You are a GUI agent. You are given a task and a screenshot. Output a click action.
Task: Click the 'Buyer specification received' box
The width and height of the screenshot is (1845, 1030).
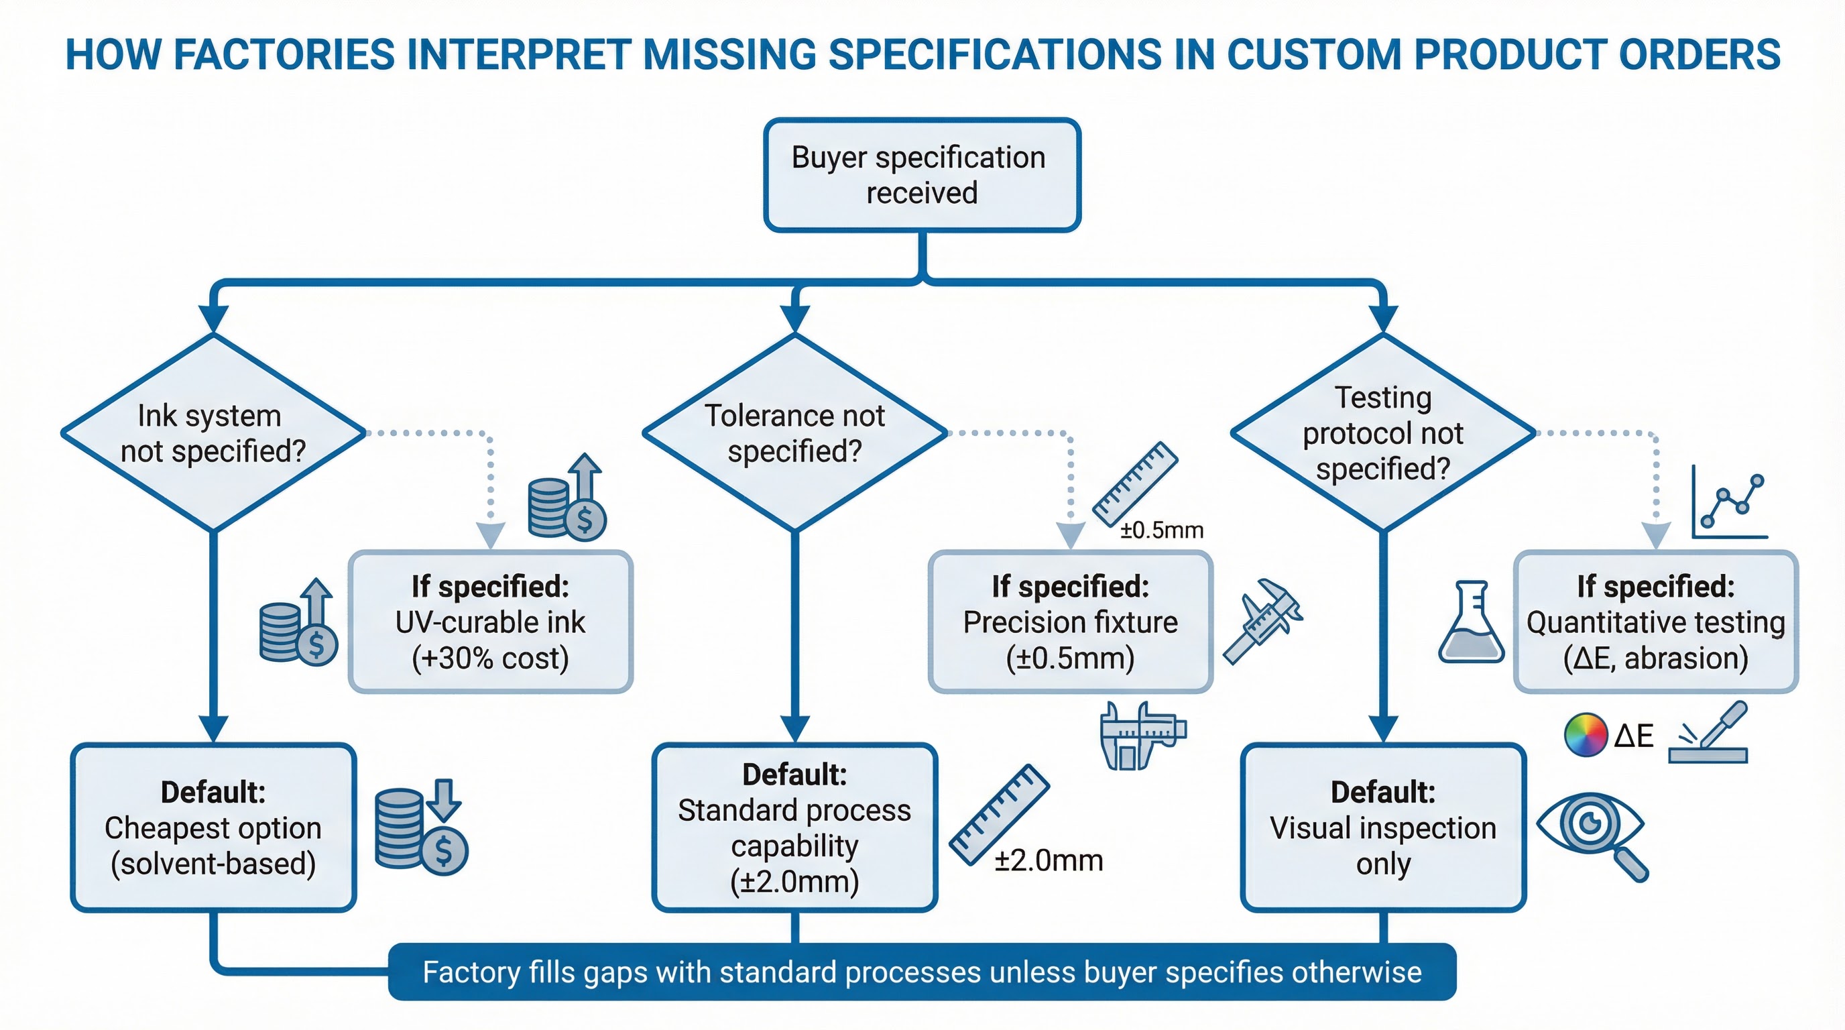pos(922,175)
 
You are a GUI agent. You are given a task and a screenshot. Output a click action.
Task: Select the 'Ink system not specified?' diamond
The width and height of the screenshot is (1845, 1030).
pos(213,433)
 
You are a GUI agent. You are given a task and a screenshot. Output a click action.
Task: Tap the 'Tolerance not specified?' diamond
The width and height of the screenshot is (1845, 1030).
pos(794,433)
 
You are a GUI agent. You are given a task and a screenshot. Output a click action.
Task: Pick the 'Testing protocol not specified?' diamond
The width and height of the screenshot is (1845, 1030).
pos(1383,433)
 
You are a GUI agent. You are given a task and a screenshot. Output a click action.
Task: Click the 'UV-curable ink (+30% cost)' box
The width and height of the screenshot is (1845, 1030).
pos(491,622)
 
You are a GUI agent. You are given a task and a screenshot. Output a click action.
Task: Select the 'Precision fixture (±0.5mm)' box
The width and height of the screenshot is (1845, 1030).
pos(1070,622)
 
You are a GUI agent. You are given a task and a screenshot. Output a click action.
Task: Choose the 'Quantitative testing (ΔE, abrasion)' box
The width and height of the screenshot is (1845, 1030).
pos(1655,622)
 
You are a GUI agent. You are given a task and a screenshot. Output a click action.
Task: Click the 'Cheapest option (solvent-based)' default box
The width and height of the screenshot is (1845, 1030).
pos(213,827)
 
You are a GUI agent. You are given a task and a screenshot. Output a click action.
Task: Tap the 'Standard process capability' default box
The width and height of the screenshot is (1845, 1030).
pos(794,827)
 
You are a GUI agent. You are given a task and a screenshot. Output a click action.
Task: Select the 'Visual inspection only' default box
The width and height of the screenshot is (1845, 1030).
pos(1383,827)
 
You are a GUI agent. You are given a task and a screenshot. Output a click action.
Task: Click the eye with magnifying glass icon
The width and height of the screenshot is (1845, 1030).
pos(1594,834)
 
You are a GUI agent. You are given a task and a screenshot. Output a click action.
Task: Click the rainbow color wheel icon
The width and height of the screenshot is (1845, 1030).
pos(1585,735)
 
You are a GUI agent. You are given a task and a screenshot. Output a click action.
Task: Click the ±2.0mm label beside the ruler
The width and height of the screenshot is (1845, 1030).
pos(1049,860)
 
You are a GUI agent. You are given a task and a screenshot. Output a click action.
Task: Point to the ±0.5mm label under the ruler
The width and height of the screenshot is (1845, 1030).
pos(1162,530)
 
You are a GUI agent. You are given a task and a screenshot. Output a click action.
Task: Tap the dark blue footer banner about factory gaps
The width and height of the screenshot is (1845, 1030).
pos(922,972)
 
